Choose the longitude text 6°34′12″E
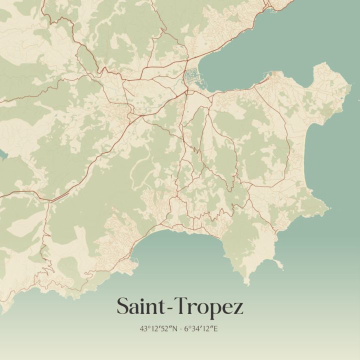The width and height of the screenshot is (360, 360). tap(201, 329)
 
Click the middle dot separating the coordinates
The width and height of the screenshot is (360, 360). tap(180, 329)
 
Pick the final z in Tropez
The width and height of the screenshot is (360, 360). tap(238, 308)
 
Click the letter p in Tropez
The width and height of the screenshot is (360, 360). tap(215, 309)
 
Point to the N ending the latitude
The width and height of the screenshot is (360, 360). tap(173, 329)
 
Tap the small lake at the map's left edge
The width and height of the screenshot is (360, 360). tap(2, 154)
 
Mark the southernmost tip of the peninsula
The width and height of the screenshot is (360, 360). tap(245, 283)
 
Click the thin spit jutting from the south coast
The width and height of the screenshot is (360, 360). tap(278, 263)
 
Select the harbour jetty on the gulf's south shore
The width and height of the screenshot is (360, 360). tap(266, 78)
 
